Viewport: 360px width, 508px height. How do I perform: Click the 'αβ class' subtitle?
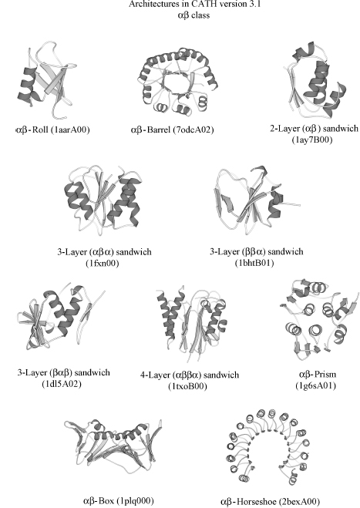[x=193, y=15]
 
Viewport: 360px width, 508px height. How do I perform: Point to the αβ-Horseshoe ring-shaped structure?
[x=269, y=449]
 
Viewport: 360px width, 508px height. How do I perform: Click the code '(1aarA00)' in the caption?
[x=70, y=130]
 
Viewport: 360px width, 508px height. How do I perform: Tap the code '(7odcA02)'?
[x=193, y=130]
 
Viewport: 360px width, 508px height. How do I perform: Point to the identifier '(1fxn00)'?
[x=103, y=263]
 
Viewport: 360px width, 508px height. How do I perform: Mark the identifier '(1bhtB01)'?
[x=254, y=263]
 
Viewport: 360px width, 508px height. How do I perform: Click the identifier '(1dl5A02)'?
[x=62, y=384]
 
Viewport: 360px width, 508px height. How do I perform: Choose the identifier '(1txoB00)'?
[x=187, y=386]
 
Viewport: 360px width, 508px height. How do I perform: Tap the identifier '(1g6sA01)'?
[x=315, y=385]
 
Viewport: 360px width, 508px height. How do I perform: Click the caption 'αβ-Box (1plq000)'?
[x=118, y=500]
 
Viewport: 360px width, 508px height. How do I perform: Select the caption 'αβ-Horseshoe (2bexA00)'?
[x=270, y=502]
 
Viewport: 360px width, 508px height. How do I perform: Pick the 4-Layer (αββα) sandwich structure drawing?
[x=191, y=324]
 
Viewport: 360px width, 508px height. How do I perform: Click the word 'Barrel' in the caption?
[x=159, y=130]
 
